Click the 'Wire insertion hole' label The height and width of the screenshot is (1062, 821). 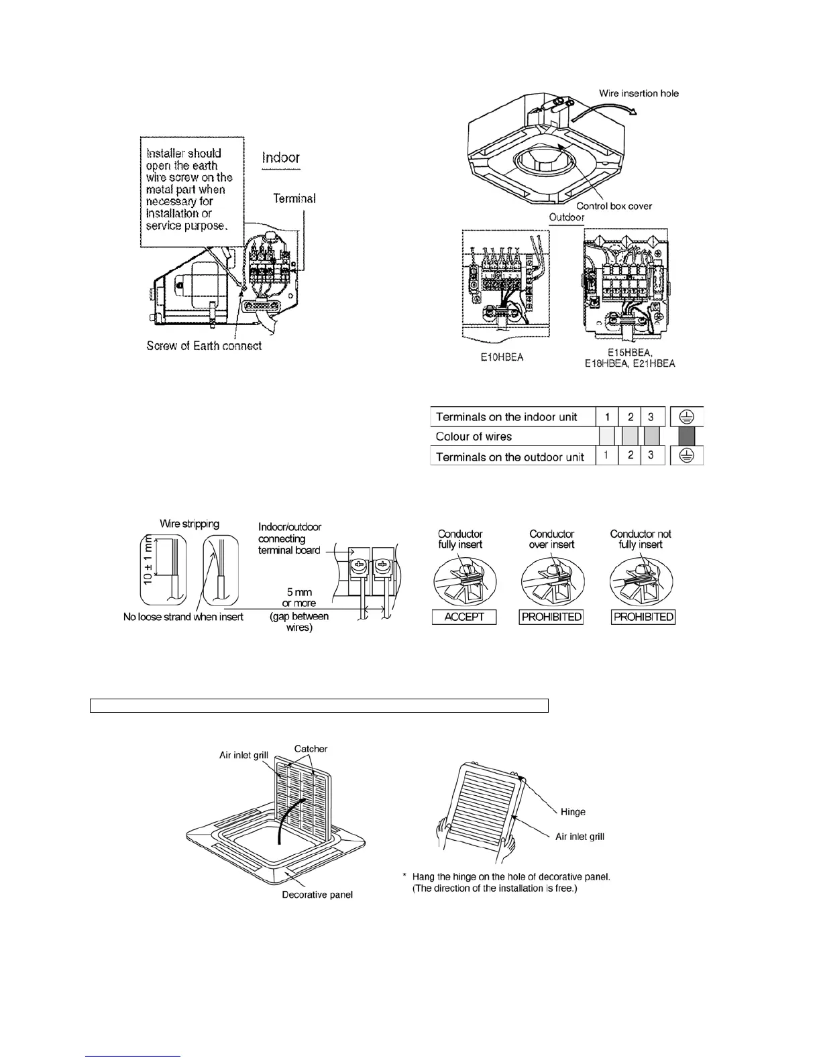(x=639, y=93)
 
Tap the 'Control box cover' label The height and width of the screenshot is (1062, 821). (x=614, y=206)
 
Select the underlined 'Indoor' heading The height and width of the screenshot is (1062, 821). (x=281, y=158)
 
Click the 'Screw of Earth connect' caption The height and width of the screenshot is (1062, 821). (x=204, y=346)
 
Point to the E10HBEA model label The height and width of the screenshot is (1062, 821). (x=502, y=357)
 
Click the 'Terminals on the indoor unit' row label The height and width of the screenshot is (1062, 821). (x=506, y=417)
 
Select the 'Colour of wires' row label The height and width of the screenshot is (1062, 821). (x=474, y=437)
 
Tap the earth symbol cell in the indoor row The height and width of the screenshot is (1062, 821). (x=687, y=417)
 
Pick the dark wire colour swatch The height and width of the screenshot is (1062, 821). (x=687, y=437)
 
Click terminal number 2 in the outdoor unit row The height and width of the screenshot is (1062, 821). (x=630, y=457)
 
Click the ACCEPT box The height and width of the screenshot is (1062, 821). (x=464, y=617)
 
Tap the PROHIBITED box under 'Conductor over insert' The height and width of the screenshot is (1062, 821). (x=551, y=617)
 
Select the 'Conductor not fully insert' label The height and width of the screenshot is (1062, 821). (x=641, y=539)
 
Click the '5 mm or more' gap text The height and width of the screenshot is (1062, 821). (x=299, y=597)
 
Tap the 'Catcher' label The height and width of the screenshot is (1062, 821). (x=311, y=749)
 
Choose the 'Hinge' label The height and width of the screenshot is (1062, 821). (x=573, y=812)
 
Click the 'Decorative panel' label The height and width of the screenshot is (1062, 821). (x=317, y=895)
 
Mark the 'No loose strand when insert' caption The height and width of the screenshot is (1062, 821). (x=183, y=617)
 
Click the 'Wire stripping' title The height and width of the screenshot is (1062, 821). (x=189, y=524)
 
